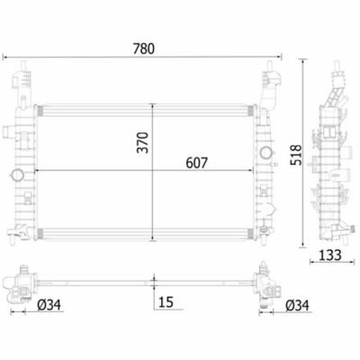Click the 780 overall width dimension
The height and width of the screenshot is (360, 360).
[144, 49]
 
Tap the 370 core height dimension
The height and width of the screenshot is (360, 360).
[143, 142]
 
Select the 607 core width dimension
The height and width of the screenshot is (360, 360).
[196, 163]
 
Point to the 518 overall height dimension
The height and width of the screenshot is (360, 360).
[296, 155]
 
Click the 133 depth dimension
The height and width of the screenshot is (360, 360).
[329, 256]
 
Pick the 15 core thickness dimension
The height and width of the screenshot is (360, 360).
[166, 302]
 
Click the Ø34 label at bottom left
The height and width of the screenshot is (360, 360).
[49, 305]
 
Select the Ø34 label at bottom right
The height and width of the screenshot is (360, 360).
[297, 306]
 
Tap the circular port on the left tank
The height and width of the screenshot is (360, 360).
[17, 175]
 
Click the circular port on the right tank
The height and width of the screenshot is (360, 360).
[265, 152]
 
